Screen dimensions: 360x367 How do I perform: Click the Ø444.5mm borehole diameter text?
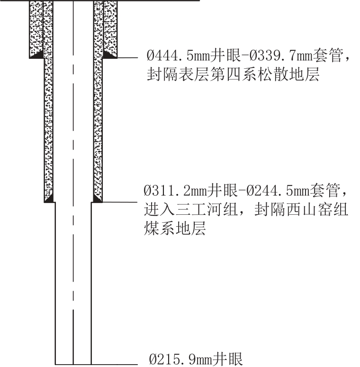179,55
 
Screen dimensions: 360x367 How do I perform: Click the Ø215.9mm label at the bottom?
180,359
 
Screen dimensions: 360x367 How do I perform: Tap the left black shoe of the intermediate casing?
50,199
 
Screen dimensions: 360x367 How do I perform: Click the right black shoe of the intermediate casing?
97,199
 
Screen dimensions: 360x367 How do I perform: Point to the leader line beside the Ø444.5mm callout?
127,57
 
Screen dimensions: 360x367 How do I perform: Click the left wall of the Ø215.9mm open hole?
55,284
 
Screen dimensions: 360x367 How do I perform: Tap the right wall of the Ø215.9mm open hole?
91,284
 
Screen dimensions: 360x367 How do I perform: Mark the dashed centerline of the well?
73,183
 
